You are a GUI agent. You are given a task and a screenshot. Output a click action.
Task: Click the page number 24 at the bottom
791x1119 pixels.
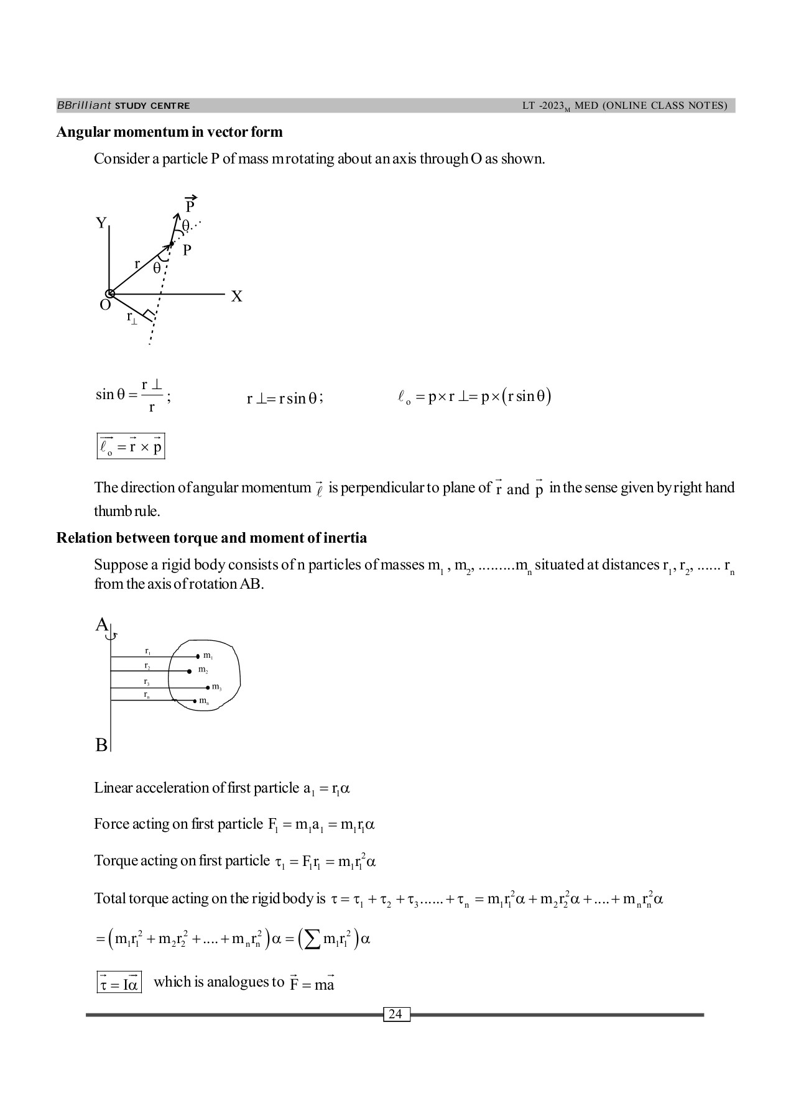pos(395,1015)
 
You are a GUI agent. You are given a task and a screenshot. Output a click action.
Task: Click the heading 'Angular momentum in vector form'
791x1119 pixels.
pos(169,132)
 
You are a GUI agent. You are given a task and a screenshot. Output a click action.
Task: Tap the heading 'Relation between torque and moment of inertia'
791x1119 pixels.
pos(211,538)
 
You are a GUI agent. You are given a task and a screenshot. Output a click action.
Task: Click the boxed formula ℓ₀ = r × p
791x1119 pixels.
pos(131,447)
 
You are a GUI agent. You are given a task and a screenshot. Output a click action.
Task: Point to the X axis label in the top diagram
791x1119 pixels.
pos(236,297)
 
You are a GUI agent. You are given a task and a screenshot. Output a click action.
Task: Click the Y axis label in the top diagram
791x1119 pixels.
pos(101,223)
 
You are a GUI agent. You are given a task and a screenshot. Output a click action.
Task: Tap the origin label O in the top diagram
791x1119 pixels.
pos(105,305)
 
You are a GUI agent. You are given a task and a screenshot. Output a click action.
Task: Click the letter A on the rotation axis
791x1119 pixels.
pos(101,625)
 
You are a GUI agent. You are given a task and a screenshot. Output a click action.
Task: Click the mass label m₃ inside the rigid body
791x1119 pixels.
pos(216,687)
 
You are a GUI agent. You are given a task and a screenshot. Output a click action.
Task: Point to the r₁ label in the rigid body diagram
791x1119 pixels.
pos(147,651)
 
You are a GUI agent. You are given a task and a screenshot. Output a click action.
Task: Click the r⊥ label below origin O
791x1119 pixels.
pos(132,318)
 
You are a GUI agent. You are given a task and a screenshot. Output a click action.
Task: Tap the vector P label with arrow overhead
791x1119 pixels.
pos(190,205)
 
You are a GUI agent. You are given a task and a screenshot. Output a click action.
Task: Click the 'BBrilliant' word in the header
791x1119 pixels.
pos(84,106)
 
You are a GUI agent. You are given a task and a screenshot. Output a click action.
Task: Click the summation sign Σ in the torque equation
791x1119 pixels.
pos(310,939)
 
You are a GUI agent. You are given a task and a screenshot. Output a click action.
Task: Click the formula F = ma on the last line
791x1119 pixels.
pos(312,984)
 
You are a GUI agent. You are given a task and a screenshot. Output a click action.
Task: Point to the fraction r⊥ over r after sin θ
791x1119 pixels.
pos(151,396)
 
